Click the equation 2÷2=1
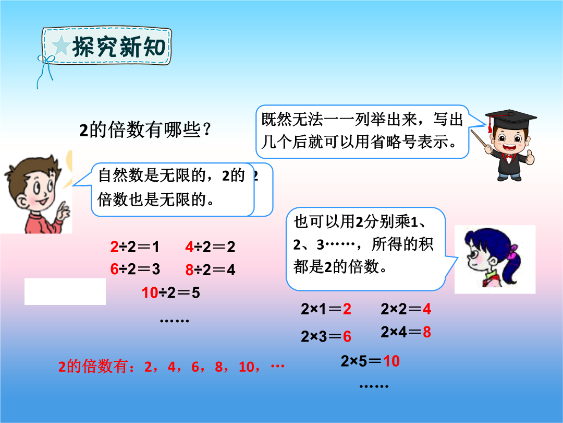(x=134, y=246)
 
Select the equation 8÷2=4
(x=210, y=270)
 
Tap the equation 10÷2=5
(x=170, y=293)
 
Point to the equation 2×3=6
(x=326, y=336)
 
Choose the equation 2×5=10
(x=370, y=361)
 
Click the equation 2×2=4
(x=406, y=309)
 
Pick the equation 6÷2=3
(x=135, y=269)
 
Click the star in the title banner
(x=61, y=45)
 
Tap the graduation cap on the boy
(x=511, y=119)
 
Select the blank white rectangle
(x=65, y=292)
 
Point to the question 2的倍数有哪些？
(x=144, y=130)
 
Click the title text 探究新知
(x=119, y=47)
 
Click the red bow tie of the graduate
(x=508, y=157)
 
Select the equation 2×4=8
(x=406, y=332)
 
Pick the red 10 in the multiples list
(x=246, y=367)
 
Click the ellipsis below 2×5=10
(x=374, y=386)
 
